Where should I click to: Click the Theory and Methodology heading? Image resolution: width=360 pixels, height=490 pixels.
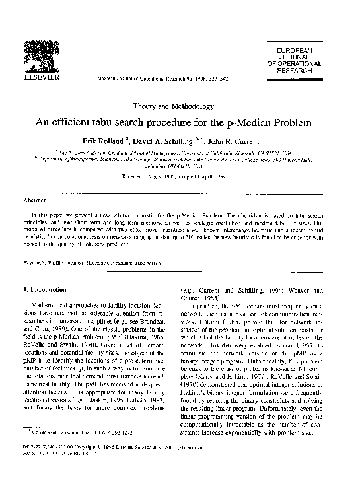pos(180,106)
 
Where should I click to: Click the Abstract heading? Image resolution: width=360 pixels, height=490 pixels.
pos(34,199)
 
